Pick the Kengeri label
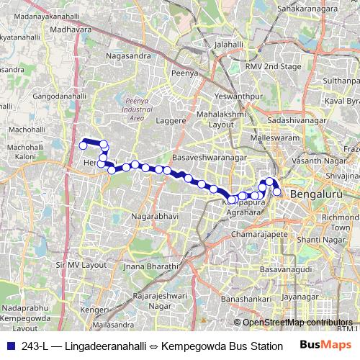94,309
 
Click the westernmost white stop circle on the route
83,145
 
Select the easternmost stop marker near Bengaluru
277,192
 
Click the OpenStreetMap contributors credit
297,323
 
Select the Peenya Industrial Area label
136,109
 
